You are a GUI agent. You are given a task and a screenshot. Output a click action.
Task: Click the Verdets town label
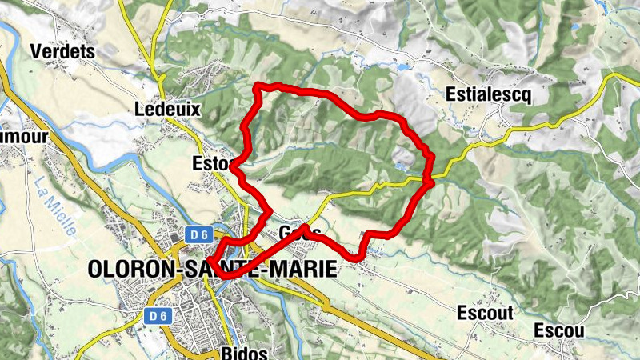[x=62, y=51]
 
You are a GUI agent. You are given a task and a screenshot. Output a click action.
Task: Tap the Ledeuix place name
[x=167, y=109]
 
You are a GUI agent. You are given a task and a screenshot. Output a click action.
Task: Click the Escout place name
[x=486, y=313]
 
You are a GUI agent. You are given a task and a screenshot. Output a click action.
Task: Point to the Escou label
[x=559, y=330]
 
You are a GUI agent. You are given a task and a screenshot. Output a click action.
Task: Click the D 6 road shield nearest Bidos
[x=158, y=316]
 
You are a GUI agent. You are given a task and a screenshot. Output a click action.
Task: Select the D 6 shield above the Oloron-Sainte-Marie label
[x=198, y=234]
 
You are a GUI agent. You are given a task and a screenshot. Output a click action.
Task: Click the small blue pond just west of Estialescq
[x=398, y=69]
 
